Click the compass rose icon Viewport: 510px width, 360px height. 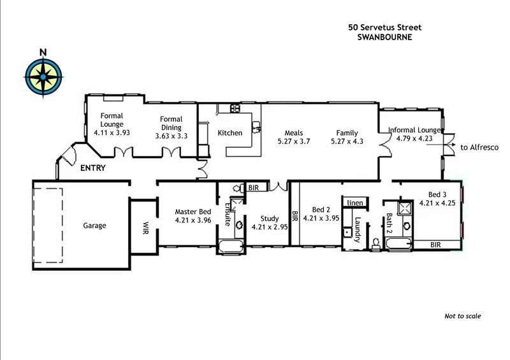[x=43, y=77]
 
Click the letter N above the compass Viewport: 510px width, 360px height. [x=43, y=52]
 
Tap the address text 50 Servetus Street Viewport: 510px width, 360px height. [x=384, y=27]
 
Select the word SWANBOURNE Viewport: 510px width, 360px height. [x=384, y=37]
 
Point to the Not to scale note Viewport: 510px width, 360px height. [x=462, y=316]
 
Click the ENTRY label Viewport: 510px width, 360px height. [x=92, y=169]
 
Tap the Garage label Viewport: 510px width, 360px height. [x=94, y=226]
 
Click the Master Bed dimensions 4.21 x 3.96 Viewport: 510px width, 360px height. [x=194, y=221]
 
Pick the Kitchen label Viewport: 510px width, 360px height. [x=230, y=133]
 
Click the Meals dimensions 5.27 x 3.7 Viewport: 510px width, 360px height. [x=293, y=141]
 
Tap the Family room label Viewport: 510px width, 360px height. [x=347, y=133]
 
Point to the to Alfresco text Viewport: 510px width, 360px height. [x=479, y=147]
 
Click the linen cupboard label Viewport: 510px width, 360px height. [x=354, y=203]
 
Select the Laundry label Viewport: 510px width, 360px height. [x=358, y=230]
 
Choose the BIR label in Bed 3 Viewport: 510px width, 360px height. [x=435, y=244]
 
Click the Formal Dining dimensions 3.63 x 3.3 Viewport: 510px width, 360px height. [x=171, y=136]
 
